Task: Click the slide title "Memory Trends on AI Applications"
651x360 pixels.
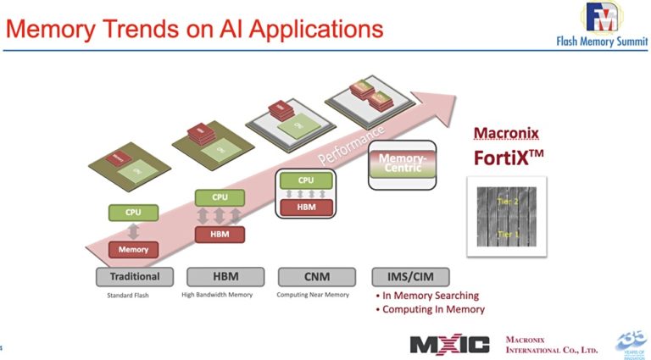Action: click(194, 30)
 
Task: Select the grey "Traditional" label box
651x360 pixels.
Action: click(135, 276)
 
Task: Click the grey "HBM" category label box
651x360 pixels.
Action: click(223, 276)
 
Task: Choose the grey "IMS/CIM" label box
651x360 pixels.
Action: click(410, 276)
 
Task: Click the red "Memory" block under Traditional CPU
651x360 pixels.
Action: click(133, 249)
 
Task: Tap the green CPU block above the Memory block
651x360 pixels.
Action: click(133, 213)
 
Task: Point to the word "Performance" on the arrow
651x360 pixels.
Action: click(351, 145)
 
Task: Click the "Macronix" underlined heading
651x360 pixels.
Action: click(505, 133)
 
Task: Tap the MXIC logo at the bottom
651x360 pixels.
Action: click(449, 344)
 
